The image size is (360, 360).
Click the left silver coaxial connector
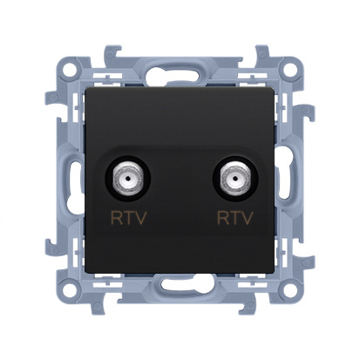(x=128, y=178)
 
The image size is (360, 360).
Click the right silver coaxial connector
(x=235, y=178)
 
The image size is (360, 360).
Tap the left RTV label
(x=128, y=218)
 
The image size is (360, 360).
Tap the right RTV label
(x=235, y=218)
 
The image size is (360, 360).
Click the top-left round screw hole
(x=68, y=70)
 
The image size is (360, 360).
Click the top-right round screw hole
(x=290, y=70)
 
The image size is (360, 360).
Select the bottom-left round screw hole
(x=68, y=286)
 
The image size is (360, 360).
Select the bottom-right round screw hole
(x=290, y=286)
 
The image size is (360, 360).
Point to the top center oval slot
(x=180, y=73)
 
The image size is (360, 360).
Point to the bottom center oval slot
(x=180, y=284)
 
